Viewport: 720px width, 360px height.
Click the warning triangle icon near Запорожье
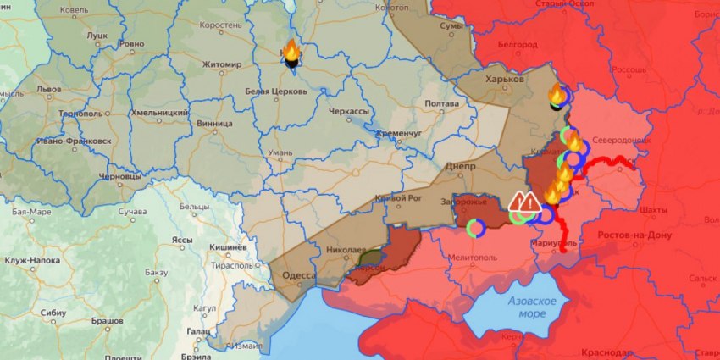coord(525,202)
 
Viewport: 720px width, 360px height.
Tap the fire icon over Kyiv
coord(290,53)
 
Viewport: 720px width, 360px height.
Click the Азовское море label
coord(531,307)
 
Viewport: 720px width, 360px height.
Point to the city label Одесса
coord(298,275)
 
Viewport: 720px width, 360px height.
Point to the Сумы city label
coord(451,27)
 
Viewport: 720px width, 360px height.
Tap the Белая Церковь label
coord(275,91)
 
